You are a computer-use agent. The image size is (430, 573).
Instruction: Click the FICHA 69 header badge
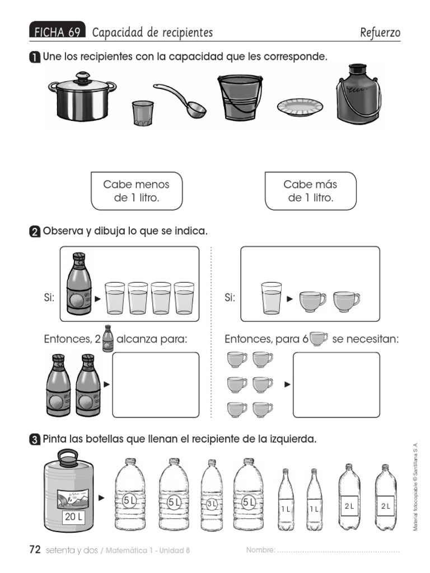point(57,32)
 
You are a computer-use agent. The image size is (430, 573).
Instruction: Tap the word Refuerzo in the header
point(380,33)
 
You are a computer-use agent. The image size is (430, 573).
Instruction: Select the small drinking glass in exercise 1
point(142,113)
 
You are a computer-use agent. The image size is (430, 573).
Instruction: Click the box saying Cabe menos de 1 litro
point(136,191)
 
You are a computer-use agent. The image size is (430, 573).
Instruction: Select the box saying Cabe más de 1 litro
point(310,191)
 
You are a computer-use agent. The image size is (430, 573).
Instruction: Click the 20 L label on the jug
point(73,517)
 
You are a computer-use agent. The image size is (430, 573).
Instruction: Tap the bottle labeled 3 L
point(211,495)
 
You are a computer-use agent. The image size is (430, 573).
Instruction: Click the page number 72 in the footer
point(35,549)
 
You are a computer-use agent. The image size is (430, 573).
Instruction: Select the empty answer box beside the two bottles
point(156,384)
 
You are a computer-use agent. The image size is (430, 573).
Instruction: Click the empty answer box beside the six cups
point(336,384)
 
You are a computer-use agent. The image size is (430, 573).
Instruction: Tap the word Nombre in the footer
point(260,550)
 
